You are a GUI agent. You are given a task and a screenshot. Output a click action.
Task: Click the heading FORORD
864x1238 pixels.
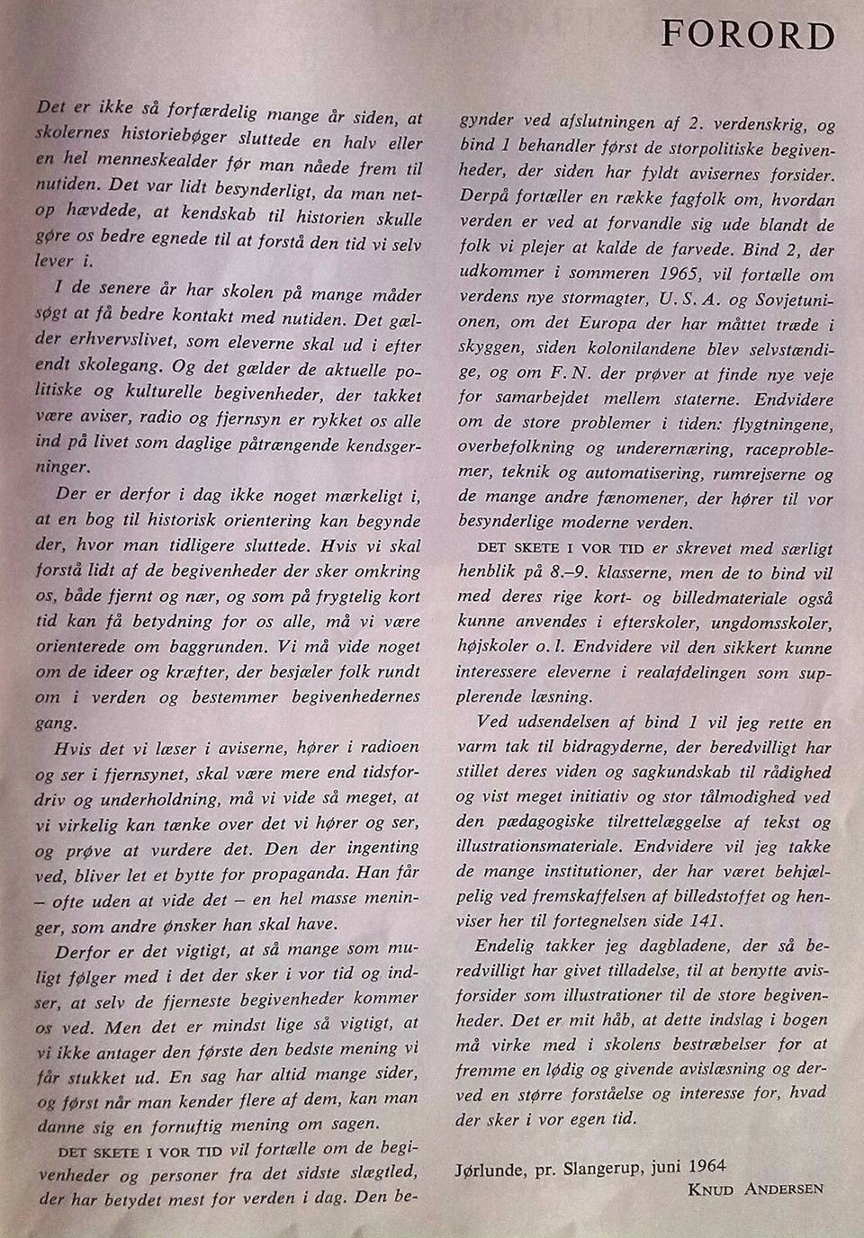click(x=747, y=35)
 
